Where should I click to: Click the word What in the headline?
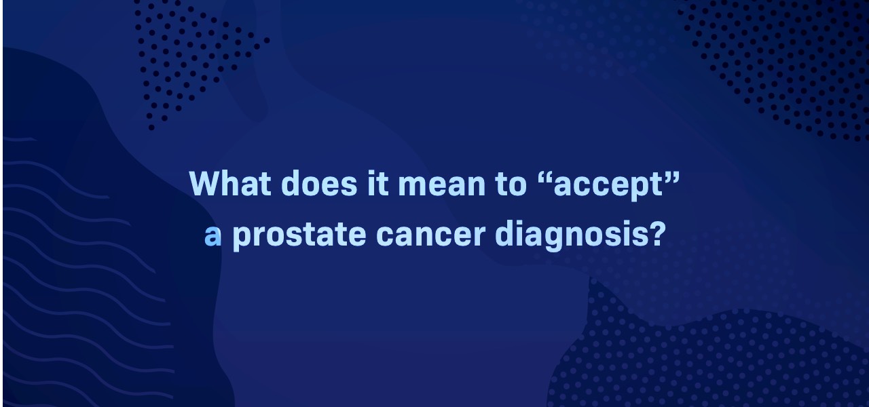[229, 183]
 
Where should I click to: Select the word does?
[319, 183]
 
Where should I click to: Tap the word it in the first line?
[377, 183]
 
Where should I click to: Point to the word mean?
[442, 186]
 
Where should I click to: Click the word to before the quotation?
[511, 185]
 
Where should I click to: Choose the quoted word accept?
[608, 187]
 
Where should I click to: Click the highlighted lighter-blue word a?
[212, 235]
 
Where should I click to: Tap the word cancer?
[430, 235]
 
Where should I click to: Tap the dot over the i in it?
[373, 173]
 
